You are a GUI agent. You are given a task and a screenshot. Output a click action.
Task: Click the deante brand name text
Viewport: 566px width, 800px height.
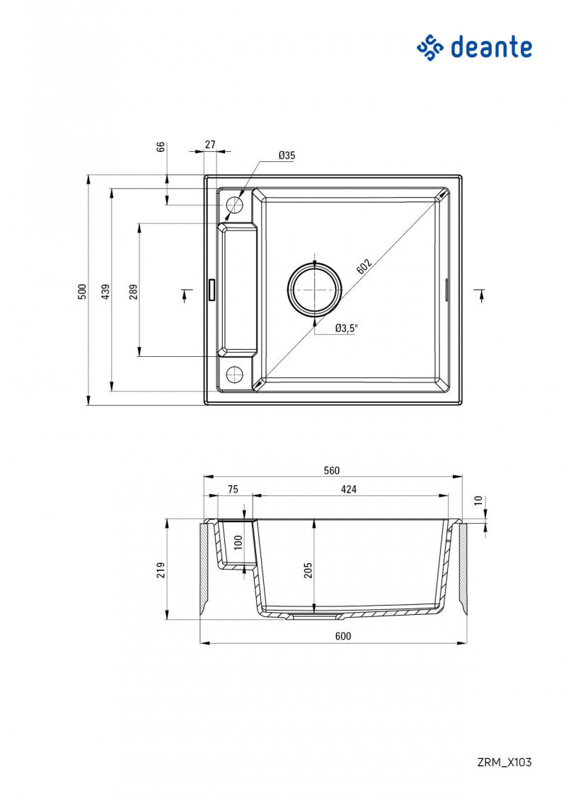click(491, 47)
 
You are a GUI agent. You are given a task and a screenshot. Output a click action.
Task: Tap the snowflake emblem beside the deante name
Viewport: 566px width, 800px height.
click(429, 47)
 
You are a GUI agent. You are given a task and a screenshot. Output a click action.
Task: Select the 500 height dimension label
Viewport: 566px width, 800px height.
click(82, 290)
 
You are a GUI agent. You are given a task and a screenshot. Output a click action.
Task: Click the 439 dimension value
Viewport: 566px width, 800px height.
click(105, 290)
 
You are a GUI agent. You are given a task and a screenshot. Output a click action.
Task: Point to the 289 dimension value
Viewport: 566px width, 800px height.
click(133, 290)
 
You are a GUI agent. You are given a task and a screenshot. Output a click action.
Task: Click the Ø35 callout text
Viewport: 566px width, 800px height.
click(287, 155)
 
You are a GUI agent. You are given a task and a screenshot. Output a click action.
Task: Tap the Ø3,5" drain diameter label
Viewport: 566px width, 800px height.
click(347, 328)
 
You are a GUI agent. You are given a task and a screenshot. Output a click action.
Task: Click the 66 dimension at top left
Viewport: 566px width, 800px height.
click(161, 147)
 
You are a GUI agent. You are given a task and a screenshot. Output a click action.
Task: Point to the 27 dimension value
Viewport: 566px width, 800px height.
click(210, 144)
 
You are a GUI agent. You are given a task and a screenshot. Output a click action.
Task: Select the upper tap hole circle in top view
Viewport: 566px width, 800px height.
click(234, 206)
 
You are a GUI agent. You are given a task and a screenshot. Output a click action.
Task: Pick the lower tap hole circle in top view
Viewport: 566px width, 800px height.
click(234, 374)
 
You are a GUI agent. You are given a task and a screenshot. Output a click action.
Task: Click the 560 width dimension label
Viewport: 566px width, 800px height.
click(333, 471)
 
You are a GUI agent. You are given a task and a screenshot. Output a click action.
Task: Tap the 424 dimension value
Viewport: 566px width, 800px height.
click(349, 489)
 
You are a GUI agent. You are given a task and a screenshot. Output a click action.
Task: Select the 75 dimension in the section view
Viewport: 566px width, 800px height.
click(232, 489)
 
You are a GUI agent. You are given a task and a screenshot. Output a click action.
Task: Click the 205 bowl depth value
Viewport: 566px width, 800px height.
click(308, 570)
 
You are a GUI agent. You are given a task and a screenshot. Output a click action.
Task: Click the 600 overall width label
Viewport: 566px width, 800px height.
click(342, 636)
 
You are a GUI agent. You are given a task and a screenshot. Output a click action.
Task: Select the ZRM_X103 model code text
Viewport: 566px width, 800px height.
click(504, 762)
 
